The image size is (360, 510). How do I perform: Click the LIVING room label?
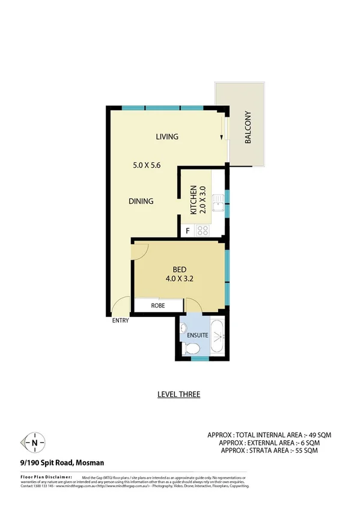click(x=167, y=137)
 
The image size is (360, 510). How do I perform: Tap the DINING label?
click(x=141, y=201)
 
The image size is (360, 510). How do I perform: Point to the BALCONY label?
click(x=247, y=128)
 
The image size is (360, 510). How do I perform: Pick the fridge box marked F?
click(x=188, y=230)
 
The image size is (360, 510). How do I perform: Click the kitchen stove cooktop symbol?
click(x=203, y=229)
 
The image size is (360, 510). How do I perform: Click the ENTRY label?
click(x=120, y=321)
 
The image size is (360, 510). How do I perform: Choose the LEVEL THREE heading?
click(x=178, y=395)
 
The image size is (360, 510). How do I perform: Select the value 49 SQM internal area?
click(x=319, y=434)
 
